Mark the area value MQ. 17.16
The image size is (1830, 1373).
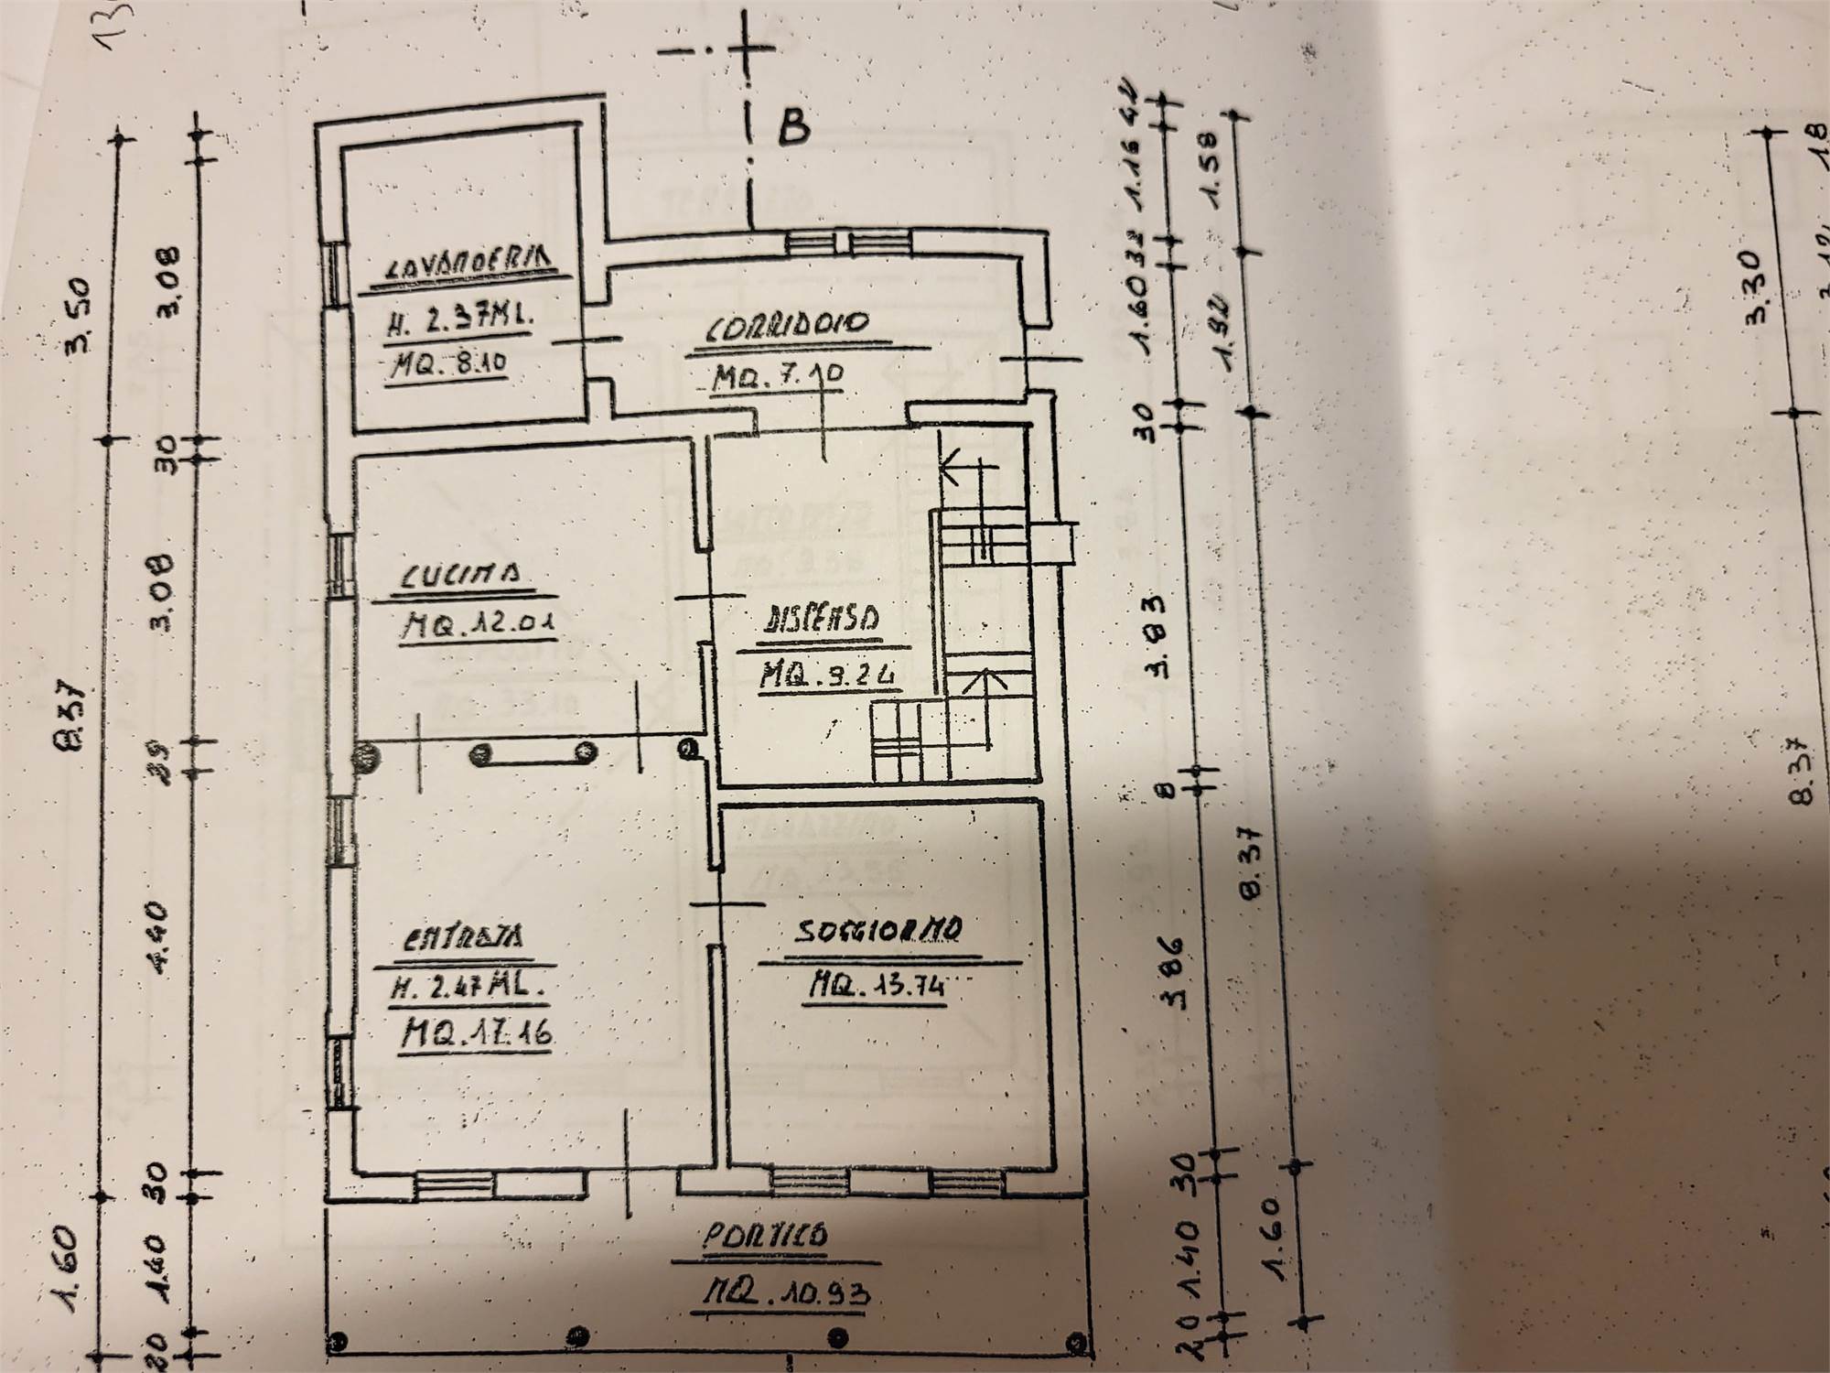point(477,1036)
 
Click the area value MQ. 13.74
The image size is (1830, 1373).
point(875,985)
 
